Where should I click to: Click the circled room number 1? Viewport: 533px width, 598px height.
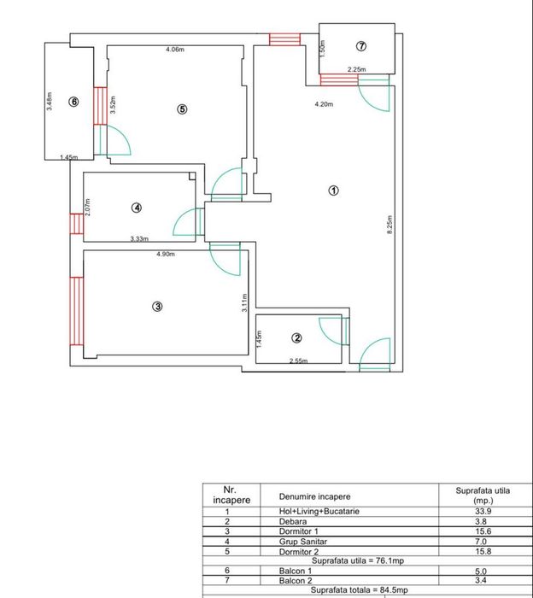pyautogui.click(x=334, y=191)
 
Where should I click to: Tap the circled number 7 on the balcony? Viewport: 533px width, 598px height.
pyautogui.click(x=361, y=45)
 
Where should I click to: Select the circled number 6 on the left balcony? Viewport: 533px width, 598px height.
pyautogui.click(x=73, y=102)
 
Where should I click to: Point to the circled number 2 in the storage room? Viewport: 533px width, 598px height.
pyautogui.click(x=296, y=337)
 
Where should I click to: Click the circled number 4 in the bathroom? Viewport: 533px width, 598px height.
pyautogui.click(x=137, y=207)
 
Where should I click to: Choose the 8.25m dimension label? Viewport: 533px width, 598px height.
pyautogui.click(x=389, y=225)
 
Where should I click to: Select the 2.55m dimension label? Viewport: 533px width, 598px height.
pyautogui.click(x=298, y=361)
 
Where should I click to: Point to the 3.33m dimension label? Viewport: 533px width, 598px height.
pyautogui.click(x=139, y=239)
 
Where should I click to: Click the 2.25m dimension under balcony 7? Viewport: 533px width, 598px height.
pyautogui.click(x=356, y=70)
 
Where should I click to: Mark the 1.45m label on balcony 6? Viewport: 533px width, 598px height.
pyautogui.click(x=68, y=157)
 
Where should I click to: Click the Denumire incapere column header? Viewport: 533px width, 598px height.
pyautogui.click(x=313, y=495)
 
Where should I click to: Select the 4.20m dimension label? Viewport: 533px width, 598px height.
pyautogui.click(x=324, y=104)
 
